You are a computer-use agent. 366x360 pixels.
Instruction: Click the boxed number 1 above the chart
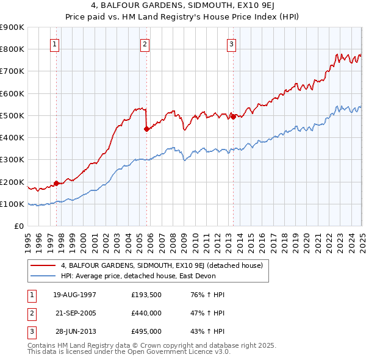[55, 43]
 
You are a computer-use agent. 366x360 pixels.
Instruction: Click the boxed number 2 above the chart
[145, 43]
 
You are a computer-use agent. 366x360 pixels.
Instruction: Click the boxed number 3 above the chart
[232, 43]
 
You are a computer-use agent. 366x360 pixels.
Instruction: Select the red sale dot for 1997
[56, 183]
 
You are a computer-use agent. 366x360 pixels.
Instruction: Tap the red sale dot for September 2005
[146, 129]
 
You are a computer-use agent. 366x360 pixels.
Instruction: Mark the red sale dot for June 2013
[233, 117]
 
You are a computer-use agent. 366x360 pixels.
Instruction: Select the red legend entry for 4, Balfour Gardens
[162, 265]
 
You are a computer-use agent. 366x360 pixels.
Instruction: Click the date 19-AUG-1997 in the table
[75, 295]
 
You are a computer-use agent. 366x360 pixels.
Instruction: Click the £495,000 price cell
[146, 332]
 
